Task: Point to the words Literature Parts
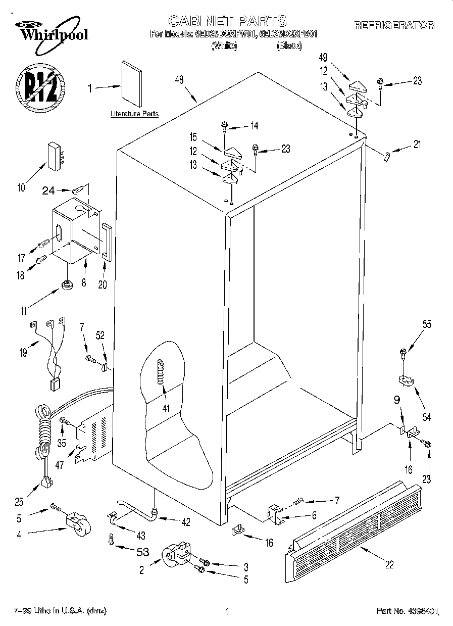[134, 114]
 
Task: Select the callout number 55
[427, 325]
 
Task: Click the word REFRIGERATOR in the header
[394, 25]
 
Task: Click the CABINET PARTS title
[227, 20]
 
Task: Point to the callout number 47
[60, 465]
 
